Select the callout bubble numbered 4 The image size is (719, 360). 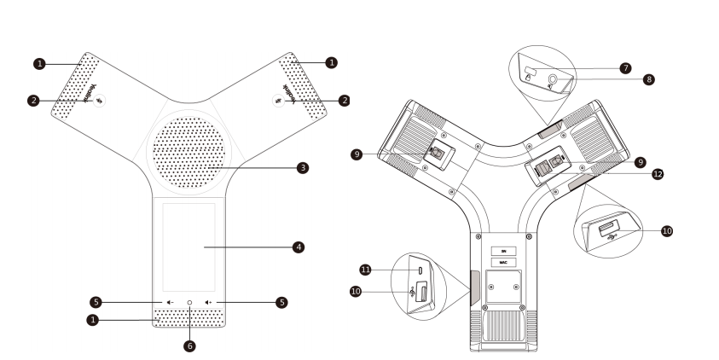299,247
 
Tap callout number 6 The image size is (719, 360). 190,346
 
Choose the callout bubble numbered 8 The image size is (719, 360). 649,79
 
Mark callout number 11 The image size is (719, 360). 364,270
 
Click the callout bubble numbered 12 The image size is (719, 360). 658,173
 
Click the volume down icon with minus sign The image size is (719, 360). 171,302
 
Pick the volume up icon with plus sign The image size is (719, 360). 209,302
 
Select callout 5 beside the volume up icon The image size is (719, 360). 281,302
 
